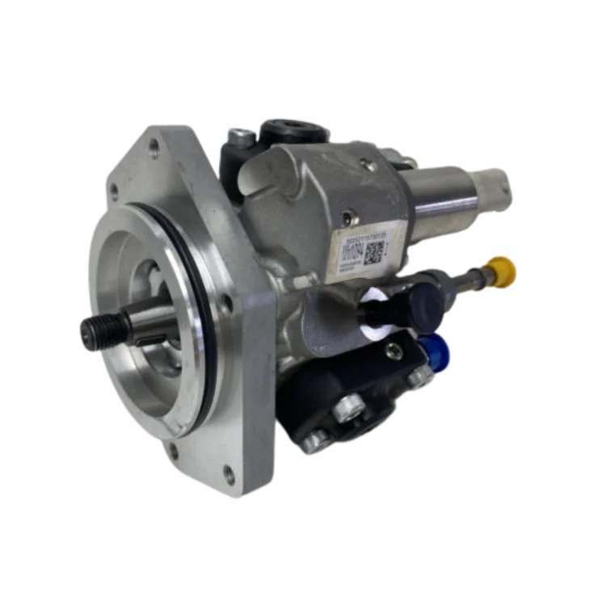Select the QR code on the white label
(x=372, y=253)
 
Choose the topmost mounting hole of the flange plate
(x=154, y=145)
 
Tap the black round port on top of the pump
(x=289, y=128)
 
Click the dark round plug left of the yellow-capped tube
(x=423, y=301)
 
